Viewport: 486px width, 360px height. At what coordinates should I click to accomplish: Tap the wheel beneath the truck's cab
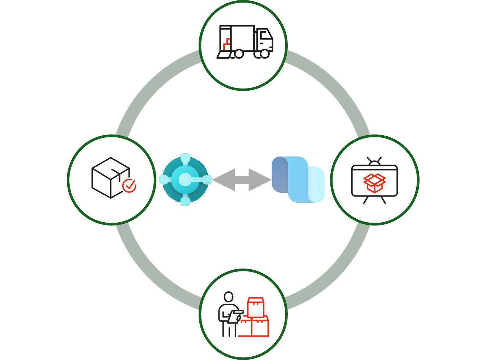[264, 54]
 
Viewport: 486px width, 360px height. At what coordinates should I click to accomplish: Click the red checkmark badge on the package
[129, 186]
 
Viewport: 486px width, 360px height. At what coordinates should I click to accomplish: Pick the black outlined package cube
[109, 177]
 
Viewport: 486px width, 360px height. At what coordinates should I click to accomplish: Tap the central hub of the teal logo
[185, 180]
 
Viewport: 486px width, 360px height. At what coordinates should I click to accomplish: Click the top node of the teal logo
[185, 158]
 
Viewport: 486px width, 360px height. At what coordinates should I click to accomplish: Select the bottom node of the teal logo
[185, 201]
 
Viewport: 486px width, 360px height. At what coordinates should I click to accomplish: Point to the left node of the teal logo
[164, 180]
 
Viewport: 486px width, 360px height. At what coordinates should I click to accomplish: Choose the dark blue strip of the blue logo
[279, 174]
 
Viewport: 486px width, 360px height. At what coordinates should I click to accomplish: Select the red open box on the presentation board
[374, 183]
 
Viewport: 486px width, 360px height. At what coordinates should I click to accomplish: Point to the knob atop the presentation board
[374, 162]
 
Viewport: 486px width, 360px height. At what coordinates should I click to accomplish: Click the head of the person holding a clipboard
[229, 297]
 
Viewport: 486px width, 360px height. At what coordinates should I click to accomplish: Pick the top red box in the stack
[256, 307]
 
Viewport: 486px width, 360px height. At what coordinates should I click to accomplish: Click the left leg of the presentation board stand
[366, 200]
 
